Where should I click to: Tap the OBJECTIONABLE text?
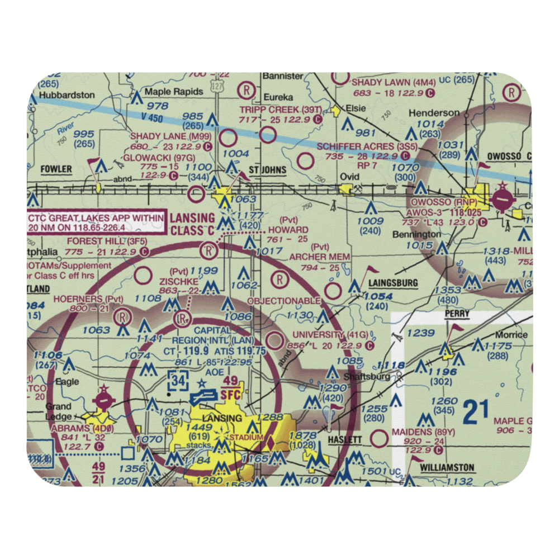point(284,301)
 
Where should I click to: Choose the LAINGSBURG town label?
point(393,283)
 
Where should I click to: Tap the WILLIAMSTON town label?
point(447,467)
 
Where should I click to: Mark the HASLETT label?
point(345,440)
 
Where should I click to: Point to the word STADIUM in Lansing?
point(247,437)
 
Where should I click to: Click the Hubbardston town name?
point(67,95)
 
